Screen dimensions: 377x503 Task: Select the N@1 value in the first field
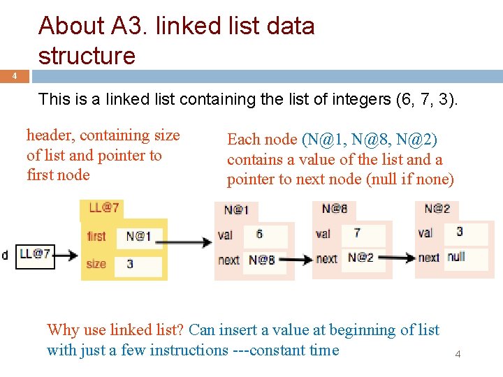(138, 236)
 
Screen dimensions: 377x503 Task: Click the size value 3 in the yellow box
(131, 265)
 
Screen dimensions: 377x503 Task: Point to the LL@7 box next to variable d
(34, 254)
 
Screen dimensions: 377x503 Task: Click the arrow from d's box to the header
(66, 255)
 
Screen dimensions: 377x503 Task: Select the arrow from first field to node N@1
(187, 242)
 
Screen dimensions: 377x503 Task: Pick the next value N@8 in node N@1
(262, 260)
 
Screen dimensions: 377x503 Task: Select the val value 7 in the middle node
(357, 232)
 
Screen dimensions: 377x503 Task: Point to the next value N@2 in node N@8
(361, 258)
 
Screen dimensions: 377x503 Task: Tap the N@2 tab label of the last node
(437, 208)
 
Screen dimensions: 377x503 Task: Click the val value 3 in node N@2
(460, 231)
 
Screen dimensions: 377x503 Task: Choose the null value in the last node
(456, 256)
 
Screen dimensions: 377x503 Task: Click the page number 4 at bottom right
(458, 354)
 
